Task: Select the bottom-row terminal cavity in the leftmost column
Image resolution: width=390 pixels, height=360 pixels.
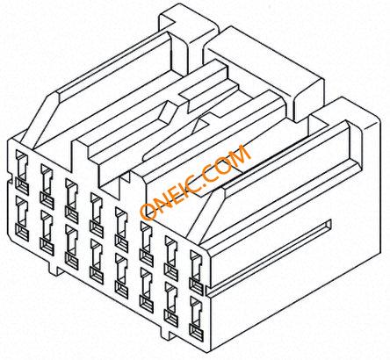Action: tap(22, 219)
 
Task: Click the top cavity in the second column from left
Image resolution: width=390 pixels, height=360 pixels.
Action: tap(47, 187)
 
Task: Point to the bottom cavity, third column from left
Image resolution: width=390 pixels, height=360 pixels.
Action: tap(72, 248)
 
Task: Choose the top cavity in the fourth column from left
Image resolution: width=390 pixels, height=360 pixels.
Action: tap(97, 215)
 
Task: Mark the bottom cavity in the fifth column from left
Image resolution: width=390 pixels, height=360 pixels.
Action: tap(121, 276)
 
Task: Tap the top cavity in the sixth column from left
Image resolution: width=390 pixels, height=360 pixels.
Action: tap(147, 244)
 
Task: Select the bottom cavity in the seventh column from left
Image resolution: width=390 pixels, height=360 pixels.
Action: tap(171, 305)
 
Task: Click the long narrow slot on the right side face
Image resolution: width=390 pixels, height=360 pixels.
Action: tap(269, 257)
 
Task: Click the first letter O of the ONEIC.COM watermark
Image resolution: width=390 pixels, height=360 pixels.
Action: tap(148, 212)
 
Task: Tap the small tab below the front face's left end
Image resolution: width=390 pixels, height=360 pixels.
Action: tap(54, 269)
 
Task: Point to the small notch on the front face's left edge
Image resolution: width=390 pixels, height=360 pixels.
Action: tap(10, 180)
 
